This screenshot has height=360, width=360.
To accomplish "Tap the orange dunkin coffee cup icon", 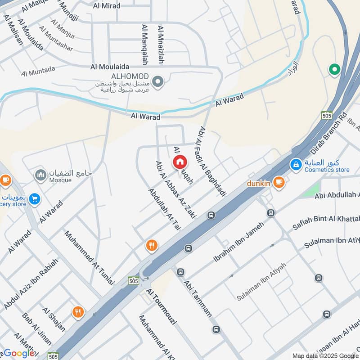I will pyautogui.click(x=279, y=183).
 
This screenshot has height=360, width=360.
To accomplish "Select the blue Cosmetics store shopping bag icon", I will pyautogui.click(x=296, y=165).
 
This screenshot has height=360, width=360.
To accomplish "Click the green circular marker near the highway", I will pyautogui.click(x=334, y=69).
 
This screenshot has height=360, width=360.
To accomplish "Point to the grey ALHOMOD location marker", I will pyautogui.click(x=157, y=82).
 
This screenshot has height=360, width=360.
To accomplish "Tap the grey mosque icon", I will pyautogui.click(x=41, y=175).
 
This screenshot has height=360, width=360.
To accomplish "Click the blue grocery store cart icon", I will pyautogui.click(x=34, y=199).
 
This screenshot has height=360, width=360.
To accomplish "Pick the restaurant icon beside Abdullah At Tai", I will pyautogui.click(x=152, y=246).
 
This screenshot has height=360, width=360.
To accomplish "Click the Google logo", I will pyautogui.click(x=19, y=353).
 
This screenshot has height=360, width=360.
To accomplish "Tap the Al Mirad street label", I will pyautogui.click(x=107, y=6).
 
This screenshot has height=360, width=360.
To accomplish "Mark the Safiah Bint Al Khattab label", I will pyautogui.click(x=326, y=219).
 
